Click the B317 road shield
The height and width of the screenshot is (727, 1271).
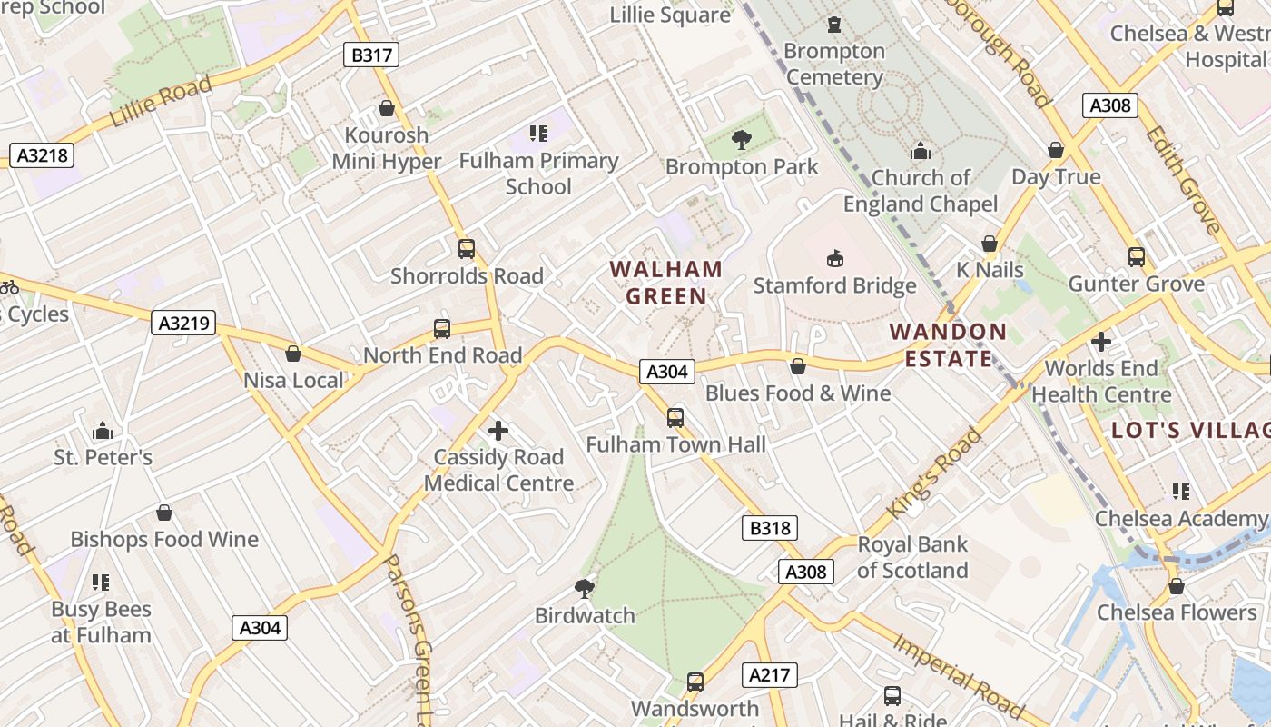(x=372, y=55)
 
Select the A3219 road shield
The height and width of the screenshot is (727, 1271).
(x=184, y=323)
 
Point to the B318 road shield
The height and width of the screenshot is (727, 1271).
(x=770, y=528)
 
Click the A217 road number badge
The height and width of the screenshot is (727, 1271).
(x=770, y=675)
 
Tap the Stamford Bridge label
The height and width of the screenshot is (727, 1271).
(x=835, y=285)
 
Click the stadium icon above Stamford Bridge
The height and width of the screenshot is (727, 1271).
(x=835, y=259)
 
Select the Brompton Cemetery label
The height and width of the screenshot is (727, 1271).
(x=834, y=64)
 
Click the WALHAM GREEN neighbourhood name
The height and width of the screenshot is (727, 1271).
(x=666, y=283)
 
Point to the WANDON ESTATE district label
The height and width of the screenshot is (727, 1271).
(x=949, y=344)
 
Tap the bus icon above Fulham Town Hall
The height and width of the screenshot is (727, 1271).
(x=675, y=418)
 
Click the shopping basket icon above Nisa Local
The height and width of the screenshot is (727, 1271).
(x=293, y=354)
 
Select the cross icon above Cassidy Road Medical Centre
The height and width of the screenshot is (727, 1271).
(x=498, y=431)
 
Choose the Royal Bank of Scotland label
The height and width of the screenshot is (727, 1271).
(x=912, y=557)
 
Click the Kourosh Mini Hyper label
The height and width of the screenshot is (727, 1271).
(x=387, y=148)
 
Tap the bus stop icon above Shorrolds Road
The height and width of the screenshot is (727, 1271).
(x=467, y=249)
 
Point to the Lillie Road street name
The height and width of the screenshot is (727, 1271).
(x=161, y=102)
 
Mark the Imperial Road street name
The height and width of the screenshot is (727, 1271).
(x=958, y=673)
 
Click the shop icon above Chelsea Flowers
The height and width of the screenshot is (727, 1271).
(x=1177, y=586)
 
